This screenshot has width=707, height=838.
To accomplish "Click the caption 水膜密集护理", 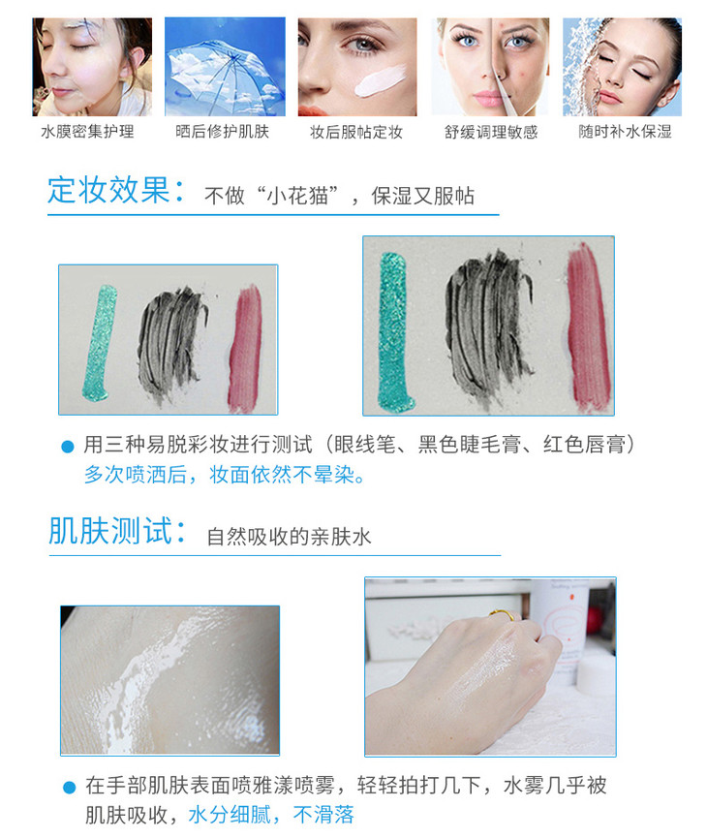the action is [87, 132].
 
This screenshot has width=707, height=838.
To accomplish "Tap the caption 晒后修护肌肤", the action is [223, 132].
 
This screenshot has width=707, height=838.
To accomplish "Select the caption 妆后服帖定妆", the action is [356, 132].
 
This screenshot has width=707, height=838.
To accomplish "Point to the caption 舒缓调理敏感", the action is [491, 132].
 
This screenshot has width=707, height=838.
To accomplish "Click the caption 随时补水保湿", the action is [626, 132].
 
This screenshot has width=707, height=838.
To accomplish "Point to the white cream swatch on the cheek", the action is [380, 81].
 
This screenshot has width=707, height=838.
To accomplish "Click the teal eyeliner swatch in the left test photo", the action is [100, 343].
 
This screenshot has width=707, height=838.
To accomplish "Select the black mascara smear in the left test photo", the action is [171, 345].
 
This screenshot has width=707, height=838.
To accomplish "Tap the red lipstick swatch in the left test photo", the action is [245, 349].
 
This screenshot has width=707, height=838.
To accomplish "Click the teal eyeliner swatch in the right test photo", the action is [395, 331].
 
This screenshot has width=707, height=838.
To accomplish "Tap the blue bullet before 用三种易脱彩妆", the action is [68, 447].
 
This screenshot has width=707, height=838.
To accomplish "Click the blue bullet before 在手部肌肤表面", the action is [70, 788].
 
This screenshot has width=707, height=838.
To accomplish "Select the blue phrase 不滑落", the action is [323, 815].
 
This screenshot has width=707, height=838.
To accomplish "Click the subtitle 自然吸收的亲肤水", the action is [289, 537].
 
